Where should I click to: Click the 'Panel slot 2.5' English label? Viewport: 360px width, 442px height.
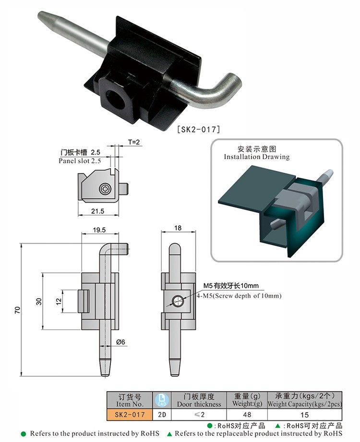pyautogui.click(x=80, y=161)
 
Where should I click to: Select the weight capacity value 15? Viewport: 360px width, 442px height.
pyautogui.click(x=305, y=414)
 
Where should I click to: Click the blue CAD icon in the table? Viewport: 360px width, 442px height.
pyautogui.click(x=161, y=400)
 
